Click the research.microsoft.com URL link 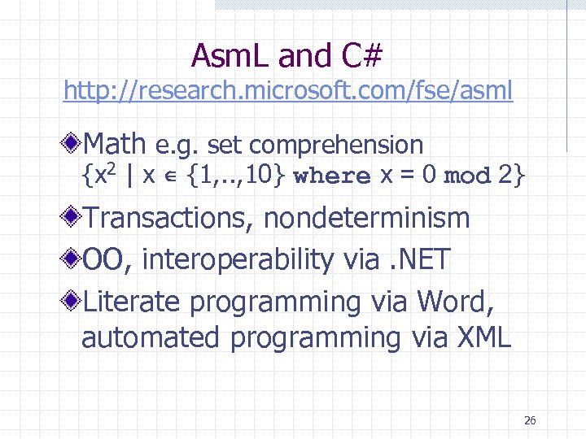click(288, 90)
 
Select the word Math click(114, 144)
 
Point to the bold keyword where click(331, 176)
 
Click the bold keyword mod click(467, 176)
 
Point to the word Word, click(456, 302)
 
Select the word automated click(151, 337)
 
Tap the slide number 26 click(530, 420)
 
